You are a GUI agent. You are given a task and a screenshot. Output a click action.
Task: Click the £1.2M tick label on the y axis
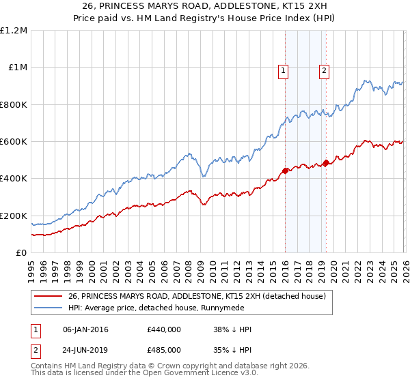tap(14, 31)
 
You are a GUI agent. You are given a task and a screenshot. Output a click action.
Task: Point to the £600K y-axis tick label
tap(14, 142)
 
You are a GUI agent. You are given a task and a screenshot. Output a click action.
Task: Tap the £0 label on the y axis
tap(21, 253)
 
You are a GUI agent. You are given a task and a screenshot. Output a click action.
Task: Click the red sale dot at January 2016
tap(284, 171)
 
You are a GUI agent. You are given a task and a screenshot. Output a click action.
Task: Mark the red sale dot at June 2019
tap(326, 162)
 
